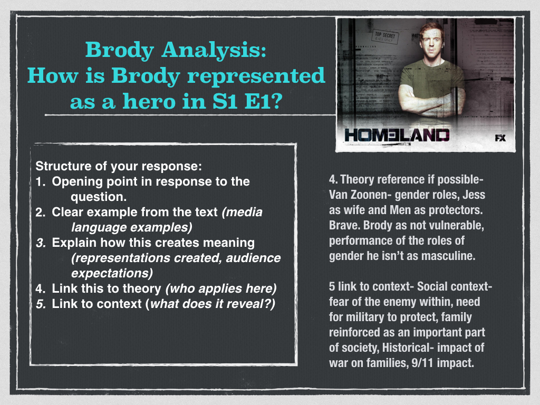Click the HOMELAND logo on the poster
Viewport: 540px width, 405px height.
point(397,136)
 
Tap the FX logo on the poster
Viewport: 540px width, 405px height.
point(500,138)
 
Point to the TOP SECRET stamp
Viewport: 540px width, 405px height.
point(385,36)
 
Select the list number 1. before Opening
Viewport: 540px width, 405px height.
point(41,181)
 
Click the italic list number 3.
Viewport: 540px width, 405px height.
point(41,243)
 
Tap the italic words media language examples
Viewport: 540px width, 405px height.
point(167,219)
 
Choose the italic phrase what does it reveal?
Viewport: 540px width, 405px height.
point(213,304)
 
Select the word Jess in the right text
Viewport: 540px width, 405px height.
point(474,195)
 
